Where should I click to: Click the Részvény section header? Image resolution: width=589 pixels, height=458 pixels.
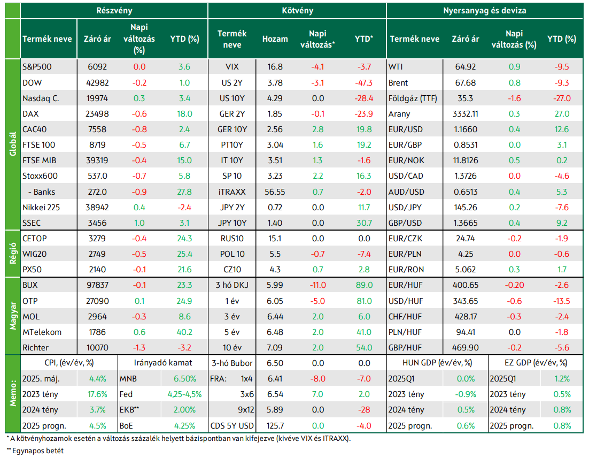point(114,11)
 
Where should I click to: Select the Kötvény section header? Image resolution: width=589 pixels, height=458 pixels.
point(297,11)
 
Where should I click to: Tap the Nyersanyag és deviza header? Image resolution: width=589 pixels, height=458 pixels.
point(485,11)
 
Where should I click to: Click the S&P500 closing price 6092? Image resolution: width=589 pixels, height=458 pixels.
point(97,67)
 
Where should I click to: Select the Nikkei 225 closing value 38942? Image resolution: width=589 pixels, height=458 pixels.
point(97,208)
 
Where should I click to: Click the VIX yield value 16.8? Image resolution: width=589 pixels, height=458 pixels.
point(275,67)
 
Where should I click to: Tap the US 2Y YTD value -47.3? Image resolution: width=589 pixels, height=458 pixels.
point(363,83)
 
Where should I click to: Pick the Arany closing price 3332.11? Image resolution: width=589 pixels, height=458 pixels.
point(466,114)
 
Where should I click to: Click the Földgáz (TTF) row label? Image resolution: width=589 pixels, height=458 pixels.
point(413,98)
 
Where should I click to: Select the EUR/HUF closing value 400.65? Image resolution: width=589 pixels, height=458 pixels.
point(466,285)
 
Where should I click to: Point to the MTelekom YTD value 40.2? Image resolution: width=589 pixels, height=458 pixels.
point(184,332)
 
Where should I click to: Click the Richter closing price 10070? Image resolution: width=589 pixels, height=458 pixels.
point(97,348)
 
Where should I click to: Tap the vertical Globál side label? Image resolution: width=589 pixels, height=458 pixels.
point(13,143)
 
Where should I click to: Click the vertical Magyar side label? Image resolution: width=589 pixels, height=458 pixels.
point(13,316)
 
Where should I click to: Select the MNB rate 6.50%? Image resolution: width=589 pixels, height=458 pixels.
point(184,379)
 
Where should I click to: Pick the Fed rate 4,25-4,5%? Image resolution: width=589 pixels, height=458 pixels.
point(184,394)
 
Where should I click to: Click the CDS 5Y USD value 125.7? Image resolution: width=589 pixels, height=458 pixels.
point(275,426)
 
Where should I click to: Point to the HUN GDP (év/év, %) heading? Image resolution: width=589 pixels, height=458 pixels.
point(437,363)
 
